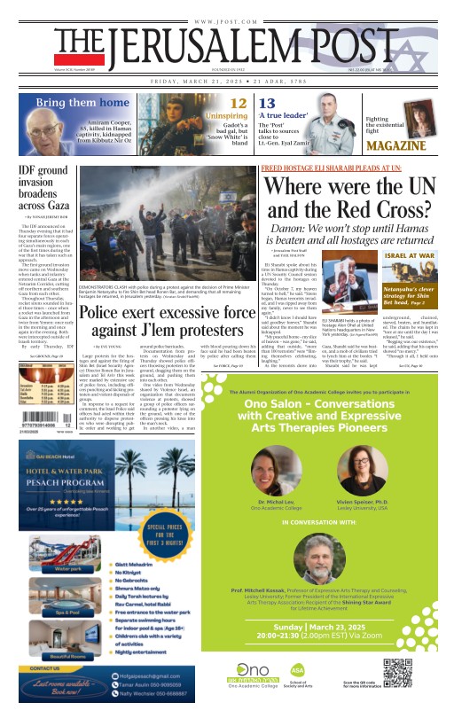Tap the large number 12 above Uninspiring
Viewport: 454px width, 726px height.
[238, 104]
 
